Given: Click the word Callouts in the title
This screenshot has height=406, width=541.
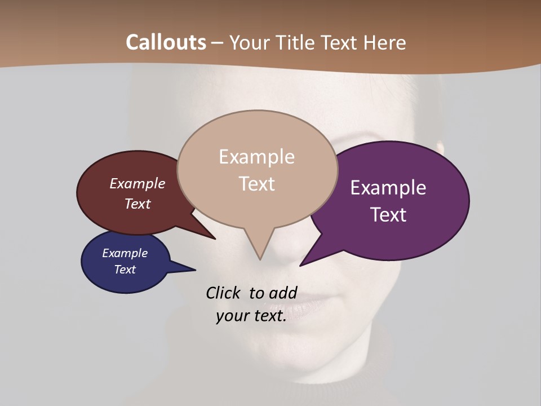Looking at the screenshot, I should click(x=166, y=42).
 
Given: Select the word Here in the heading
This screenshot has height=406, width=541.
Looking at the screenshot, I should click(x=384, y=42).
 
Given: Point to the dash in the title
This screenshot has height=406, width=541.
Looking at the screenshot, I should click(x=218, y=43).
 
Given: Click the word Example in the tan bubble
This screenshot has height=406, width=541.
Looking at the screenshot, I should click(x=256, y=157).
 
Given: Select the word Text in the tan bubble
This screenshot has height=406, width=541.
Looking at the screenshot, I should click(x=256, y=184).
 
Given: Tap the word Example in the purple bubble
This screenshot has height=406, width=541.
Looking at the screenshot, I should click(x=388, y=188).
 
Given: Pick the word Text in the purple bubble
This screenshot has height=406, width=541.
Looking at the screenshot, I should click(x=388, y=215).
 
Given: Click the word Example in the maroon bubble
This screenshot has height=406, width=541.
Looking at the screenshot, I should click(x=137, y=184).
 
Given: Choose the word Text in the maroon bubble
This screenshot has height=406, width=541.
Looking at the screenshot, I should click(x=137, y=204).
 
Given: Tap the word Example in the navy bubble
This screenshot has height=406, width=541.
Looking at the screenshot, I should click(x=125, y=253).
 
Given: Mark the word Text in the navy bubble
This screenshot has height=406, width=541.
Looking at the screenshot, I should click(x=125, y=270).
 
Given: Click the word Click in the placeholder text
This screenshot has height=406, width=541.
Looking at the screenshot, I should click(x=223, y=293).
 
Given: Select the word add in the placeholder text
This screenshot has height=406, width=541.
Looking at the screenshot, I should click(x=283, y=293).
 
